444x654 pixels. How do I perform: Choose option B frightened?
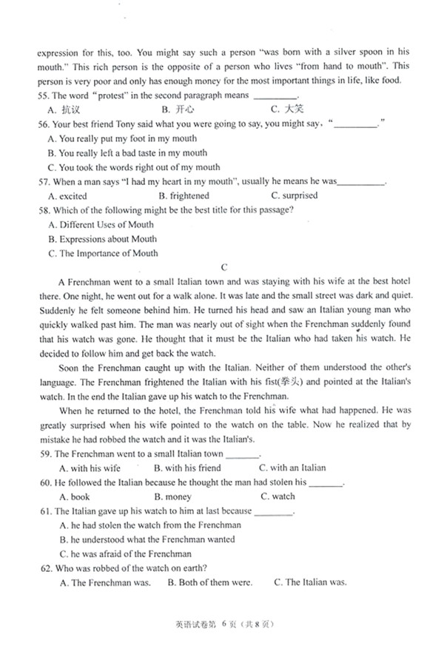point(184,196)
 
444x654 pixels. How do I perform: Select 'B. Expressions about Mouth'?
point(102,239)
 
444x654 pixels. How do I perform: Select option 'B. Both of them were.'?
point(209,582)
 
